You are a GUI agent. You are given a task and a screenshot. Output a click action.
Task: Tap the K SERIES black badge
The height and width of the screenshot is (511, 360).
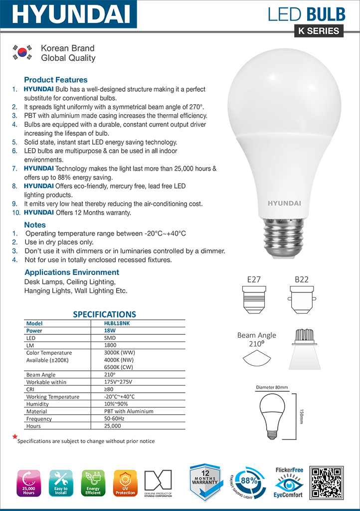point(319,31)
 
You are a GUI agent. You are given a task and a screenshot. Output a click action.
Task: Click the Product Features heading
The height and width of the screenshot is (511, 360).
point(56,80)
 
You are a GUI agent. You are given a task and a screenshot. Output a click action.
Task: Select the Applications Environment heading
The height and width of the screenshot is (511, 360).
point(72,272)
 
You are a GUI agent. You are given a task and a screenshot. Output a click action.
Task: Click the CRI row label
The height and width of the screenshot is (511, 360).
point(30,389)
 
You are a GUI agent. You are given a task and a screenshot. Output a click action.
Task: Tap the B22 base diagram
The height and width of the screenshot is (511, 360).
point(301,300)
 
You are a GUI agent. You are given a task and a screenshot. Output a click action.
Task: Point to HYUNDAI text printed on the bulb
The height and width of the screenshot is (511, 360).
point(285,203)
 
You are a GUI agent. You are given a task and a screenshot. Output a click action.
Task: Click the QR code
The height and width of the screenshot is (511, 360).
point(326,483)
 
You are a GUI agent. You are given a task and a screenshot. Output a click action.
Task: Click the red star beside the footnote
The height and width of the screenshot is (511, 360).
point(15,437)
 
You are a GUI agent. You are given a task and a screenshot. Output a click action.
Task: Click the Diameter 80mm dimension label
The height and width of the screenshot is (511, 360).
point(272,388)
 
